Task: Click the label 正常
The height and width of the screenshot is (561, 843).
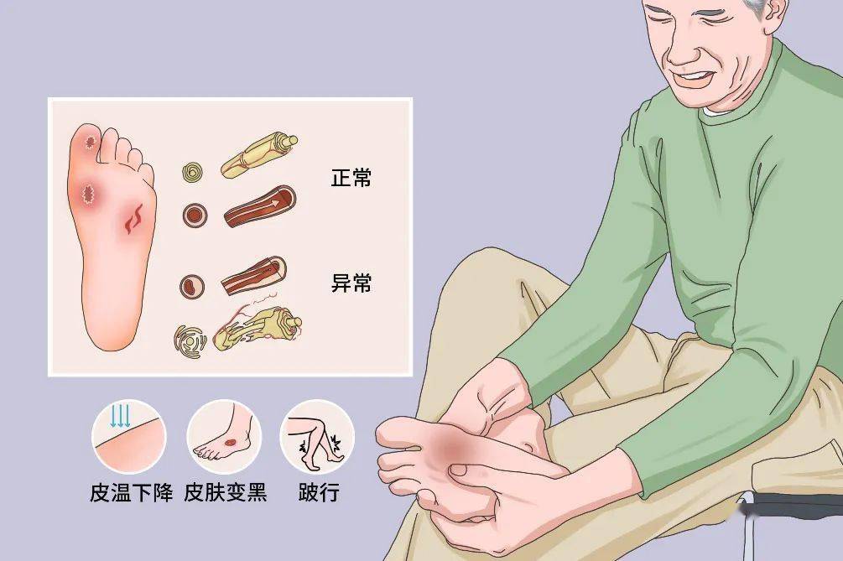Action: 351,178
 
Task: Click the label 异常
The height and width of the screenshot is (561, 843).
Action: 351,283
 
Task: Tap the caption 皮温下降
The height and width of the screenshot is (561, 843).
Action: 131,492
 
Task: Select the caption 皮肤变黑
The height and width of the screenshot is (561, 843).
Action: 225,492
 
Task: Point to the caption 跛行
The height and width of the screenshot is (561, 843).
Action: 318,492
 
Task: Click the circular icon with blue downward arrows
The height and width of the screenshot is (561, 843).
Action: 128,437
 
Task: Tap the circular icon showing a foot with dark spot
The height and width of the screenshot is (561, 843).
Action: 224,437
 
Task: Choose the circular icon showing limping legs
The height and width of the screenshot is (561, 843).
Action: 317,437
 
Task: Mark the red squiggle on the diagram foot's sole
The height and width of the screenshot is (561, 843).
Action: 133,220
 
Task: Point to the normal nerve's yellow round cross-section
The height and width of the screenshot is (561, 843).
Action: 194,173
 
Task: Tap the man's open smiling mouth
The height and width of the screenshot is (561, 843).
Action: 693,79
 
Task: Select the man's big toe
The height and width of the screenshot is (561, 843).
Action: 398,432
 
